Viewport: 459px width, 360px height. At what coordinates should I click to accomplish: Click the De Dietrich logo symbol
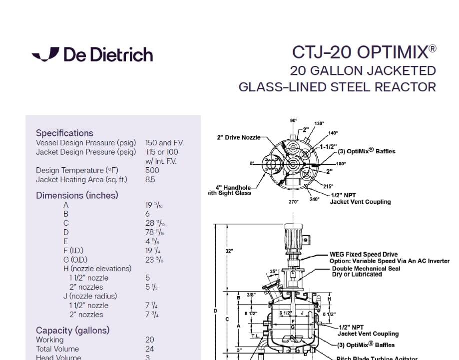tap(45, 54)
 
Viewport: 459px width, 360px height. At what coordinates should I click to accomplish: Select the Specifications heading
tap(64, 133)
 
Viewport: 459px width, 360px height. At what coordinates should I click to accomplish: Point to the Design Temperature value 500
tap(152, 170)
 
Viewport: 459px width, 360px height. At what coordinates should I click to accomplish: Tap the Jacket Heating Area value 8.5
tap(150, 179)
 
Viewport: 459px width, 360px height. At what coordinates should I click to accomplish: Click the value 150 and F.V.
tap(164, 143)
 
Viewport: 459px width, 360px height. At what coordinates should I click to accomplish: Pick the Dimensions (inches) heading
tap(77, 195)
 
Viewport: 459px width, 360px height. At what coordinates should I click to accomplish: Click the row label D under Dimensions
tap(66, 232)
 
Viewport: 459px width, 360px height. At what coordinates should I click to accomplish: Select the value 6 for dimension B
tap(147, 214)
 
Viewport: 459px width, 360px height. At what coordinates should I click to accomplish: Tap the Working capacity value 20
tap(149, 340)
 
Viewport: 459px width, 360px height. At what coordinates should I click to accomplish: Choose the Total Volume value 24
tap(149, 349)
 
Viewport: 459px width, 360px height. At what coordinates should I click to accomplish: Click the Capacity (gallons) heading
tap(72, 330)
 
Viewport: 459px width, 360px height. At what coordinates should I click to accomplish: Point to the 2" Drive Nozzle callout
tap(238, 138)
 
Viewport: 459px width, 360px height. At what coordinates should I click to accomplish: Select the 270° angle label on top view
tap(293, 202)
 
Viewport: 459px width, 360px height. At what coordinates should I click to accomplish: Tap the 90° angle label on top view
tap(293, 121)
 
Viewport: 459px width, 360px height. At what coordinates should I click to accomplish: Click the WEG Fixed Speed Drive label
tap(363, 255)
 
